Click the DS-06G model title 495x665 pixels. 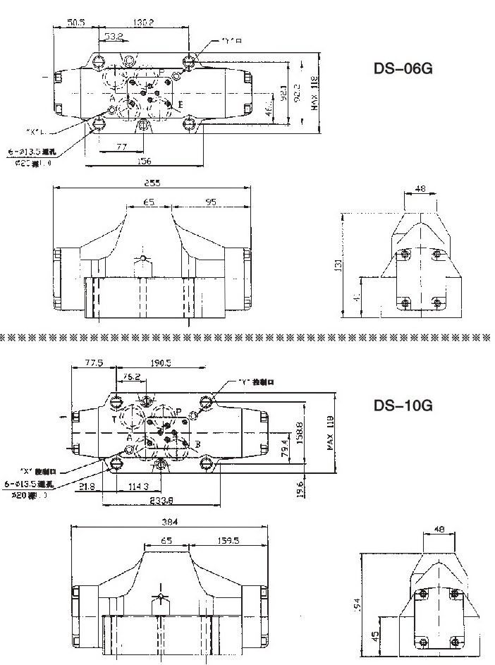[402, 70]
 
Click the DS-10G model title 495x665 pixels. [402, 406]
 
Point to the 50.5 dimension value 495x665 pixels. [76, 22]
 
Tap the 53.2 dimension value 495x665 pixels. [115, 35]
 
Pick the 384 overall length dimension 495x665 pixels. [169, 522]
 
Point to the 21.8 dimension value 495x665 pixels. [87, 487]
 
